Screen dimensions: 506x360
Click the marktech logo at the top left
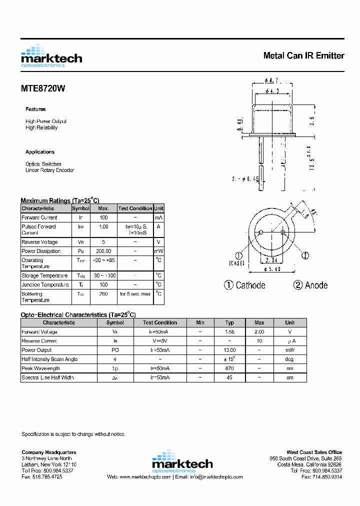(x=51, y=56)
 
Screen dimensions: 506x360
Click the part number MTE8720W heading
(x=43, y=89)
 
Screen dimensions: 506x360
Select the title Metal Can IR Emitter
(x=303, y=55)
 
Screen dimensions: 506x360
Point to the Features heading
(x=35, y=109)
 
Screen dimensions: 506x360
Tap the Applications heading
(x=40, y=152)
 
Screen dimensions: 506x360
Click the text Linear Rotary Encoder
(x=49, y=170)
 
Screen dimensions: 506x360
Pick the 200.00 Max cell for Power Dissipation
(x=103, y=251)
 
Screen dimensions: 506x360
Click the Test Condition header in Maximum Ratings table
(x=135, y=208)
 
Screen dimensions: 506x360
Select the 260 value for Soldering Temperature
(x=103, y=294)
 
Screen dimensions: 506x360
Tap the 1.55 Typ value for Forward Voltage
(x=229, y=331)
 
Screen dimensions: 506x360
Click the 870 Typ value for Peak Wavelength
(x=229, y=368)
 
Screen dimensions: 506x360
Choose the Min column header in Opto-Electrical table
(x=200, y=322)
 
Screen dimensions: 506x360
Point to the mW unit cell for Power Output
(x=289, y=350)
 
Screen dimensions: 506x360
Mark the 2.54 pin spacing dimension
(x=271, y=260)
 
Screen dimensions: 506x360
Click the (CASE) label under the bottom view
(x=237, y=263)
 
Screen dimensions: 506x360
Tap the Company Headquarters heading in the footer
(x=49, y=452)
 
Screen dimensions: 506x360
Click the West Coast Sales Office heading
(x=314, y=452)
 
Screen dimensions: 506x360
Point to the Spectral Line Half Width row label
(x=47, y=377)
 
